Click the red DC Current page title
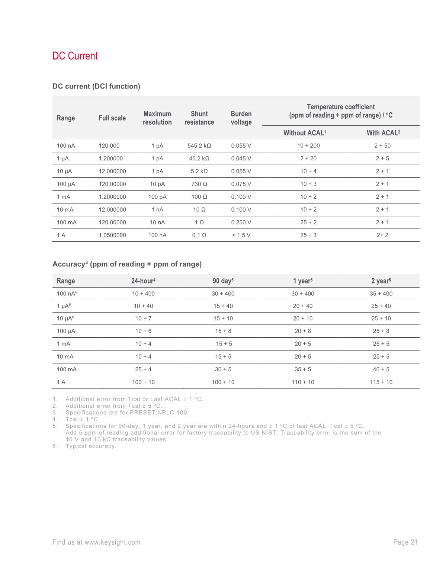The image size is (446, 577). pyautogui.click(x=75, y=56)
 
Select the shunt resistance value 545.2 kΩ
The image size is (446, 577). pyautogui.click(x=199, y=145)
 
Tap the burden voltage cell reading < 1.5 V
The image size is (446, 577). pyautogui.click(x=241, y=235)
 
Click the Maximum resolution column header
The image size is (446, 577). pyautogui.click(x=157, y=118)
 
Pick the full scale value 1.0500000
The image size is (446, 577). pyautogui.click(x=112, y=235)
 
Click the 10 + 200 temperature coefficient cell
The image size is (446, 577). pyautogui.click(x=308, y=145)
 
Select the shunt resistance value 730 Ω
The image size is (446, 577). pyautogui.click(x=199, y=184)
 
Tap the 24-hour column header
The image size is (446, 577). pyautogui.click(x=143, y=281)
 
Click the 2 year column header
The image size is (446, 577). pyautogui.click(x=381, y=281)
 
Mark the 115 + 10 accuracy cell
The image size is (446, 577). pyautogui.click(x=381, y=382)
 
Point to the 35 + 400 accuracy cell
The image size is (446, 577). pyautogui.click(x=381, y=294)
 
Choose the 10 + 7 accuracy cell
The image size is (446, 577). pyautogui.click(x=143, y=318)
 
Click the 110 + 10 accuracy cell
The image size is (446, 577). pyautogui.click(x=303, y=382)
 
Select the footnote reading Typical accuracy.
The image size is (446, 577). pyautogui.click(x=91, y=446)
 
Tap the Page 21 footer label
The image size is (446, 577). pyautogui.click(x=405, y=542)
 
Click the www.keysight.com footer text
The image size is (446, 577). pyautogui.click(x=112, y=542)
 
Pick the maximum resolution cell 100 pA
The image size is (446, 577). pyautogui.click(x=157, y=197)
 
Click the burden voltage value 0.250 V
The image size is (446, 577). pyautogui.click(x=241, y=222)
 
